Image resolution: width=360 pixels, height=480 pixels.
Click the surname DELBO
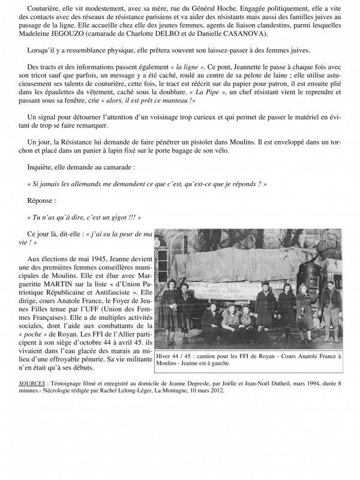tap(164, 50)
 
